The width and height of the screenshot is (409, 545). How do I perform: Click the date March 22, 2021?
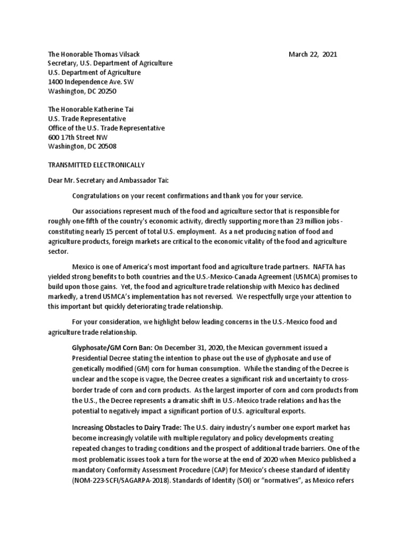pos(313,54)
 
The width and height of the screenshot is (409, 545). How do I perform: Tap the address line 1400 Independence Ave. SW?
pos(91,82)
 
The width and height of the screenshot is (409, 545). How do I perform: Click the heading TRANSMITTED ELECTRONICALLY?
pos(96,165)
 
